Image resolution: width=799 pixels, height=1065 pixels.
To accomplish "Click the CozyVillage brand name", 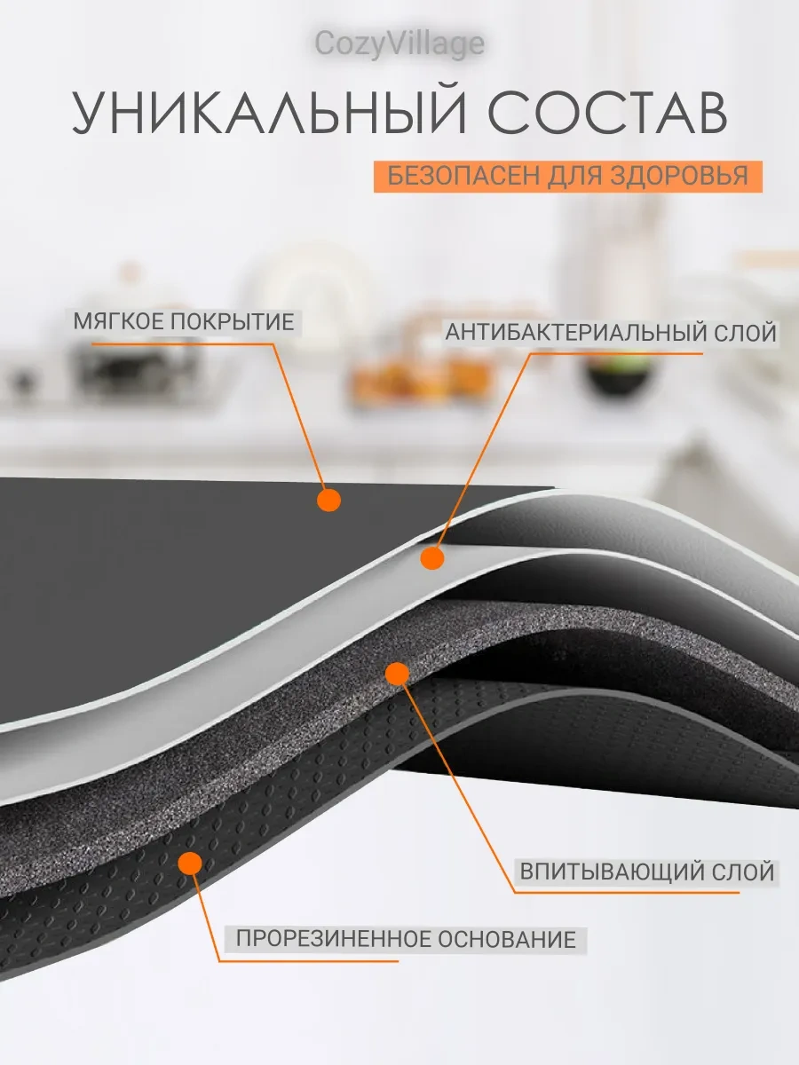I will pos(399,44).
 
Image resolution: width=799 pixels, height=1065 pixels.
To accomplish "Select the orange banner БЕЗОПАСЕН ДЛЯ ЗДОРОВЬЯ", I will pos(567,175).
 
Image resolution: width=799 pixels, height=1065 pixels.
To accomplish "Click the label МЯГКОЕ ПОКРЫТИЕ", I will pos(183,321).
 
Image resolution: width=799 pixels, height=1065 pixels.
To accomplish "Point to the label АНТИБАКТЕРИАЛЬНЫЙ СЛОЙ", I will pos(611,333).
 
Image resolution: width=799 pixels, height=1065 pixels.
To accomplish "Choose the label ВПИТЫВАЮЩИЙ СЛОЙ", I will pos(647,872).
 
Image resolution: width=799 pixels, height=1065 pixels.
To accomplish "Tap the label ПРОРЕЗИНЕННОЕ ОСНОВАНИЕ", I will pos(406,938).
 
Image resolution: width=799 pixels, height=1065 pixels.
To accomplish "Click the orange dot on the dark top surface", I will pos(328,501).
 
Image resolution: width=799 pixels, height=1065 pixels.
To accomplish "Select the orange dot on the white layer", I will pos(431,557).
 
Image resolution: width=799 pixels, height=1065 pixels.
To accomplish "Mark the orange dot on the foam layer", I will pos(397,674).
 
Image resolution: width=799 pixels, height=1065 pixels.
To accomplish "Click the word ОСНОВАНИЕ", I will pos(510,938).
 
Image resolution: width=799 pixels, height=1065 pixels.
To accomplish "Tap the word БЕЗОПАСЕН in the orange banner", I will pos(452,175).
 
